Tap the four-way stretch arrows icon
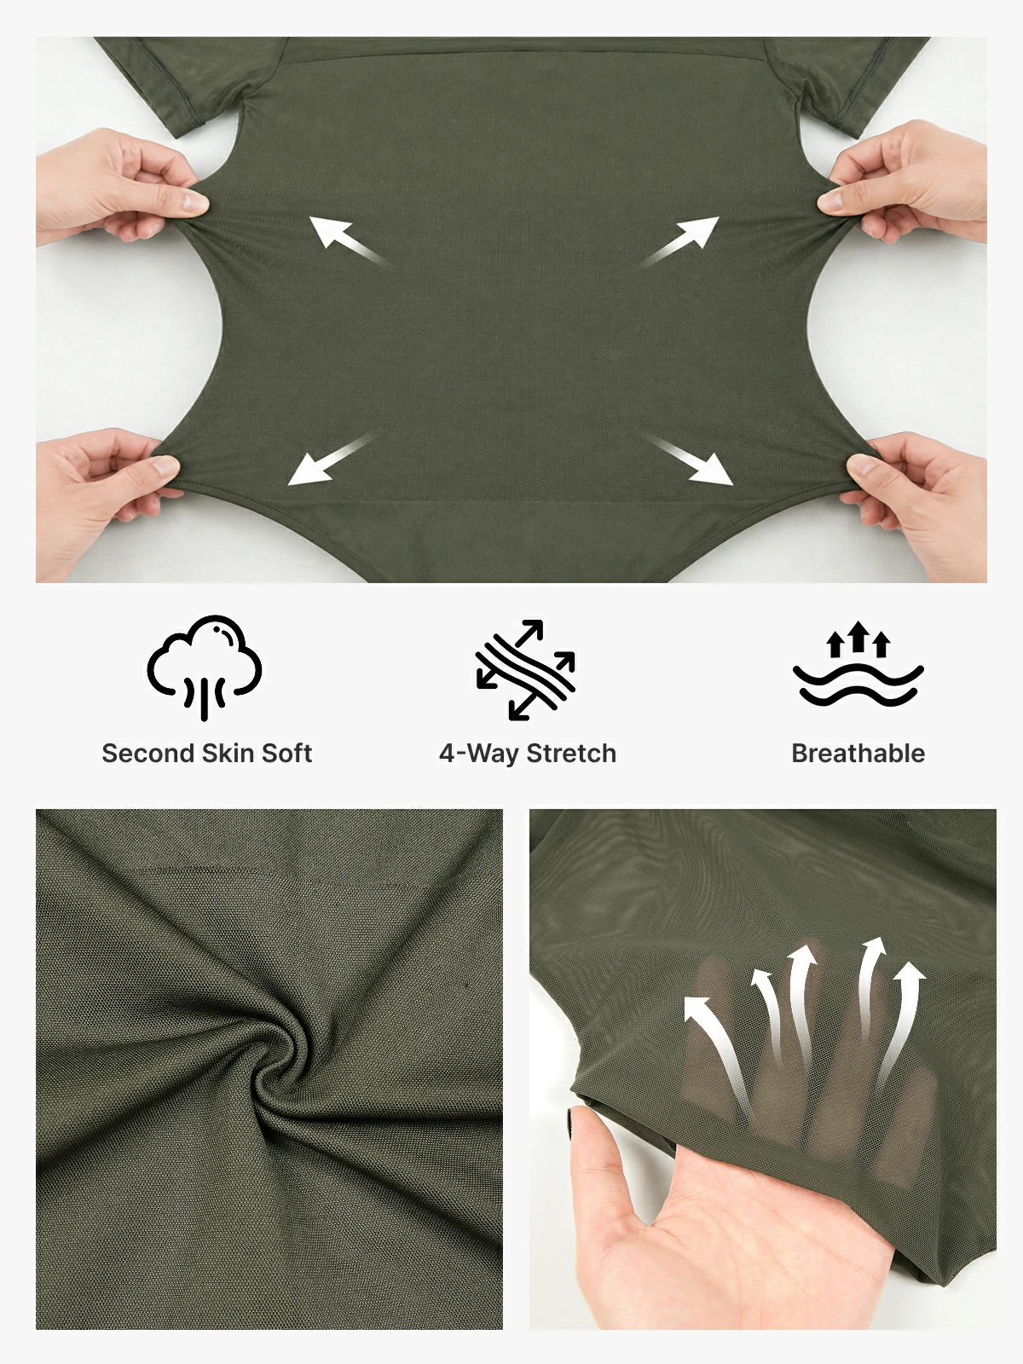point(525,670)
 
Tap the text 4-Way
point(479,754)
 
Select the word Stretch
point(571,753)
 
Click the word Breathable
point(858,753)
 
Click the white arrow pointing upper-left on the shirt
point(348,241)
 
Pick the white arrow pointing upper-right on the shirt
point(681,241)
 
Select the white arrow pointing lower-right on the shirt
point(688,459)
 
